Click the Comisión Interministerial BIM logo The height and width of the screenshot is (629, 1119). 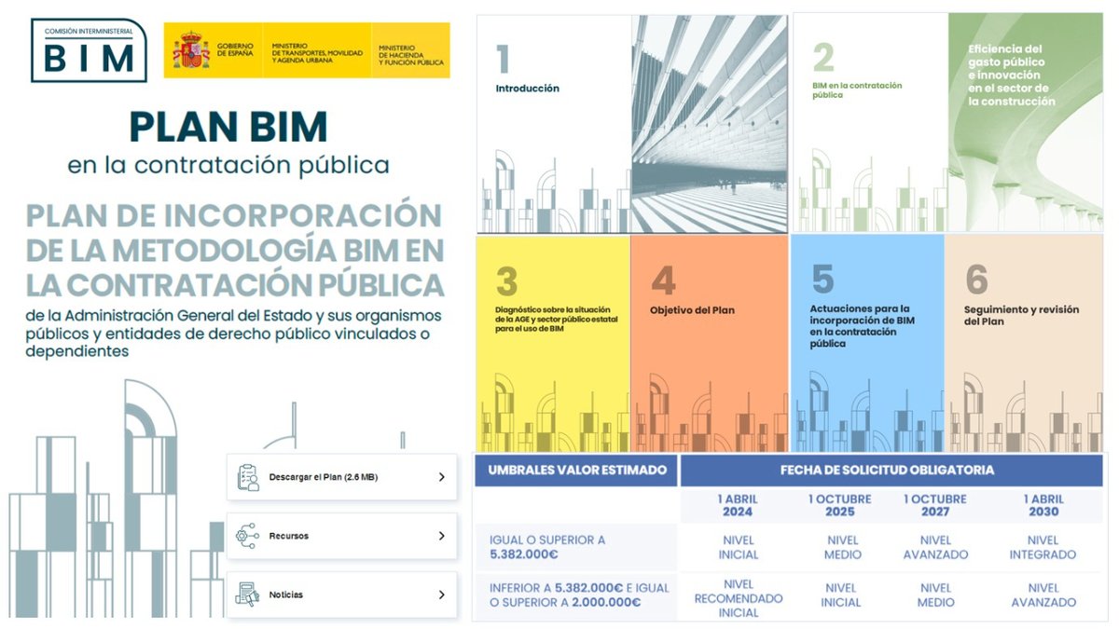pos(89,50)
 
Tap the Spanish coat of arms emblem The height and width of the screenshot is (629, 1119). pos(189,50)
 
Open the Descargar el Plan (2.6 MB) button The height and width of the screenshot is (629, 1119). pos(341,477)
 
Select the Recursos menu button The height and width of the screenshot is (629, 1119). pos(341,536)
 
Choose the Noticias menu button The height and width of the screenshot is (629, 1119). pos(341,595)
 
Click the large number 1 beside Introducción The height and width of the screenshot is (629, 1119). pos(503,61)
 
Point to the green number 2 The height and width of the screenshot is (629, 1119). pos(822,58)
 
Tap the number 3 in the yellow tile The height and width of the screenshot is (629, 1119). pos(506,280)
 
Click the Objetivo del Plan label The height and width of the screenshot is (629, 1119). pos(692,310)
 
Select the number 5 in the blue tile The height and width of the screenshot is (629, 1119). pos(822,280)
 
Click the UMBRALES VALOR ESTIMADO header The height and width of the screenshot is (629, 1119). pos(577,470)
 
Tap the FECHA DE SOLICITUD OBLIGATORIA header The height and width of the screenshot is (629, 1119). pos(887,470)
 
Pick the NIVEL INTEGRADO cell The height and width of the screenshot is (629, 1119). pos(1043,547)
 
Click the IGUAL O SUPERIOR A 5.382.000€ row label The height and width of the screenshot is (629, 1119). pos(547,547)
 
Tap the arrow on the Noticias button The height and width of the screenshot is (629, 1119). pos(441,595)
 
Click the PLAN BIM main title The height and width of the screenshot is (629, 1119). pos(228,126)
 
